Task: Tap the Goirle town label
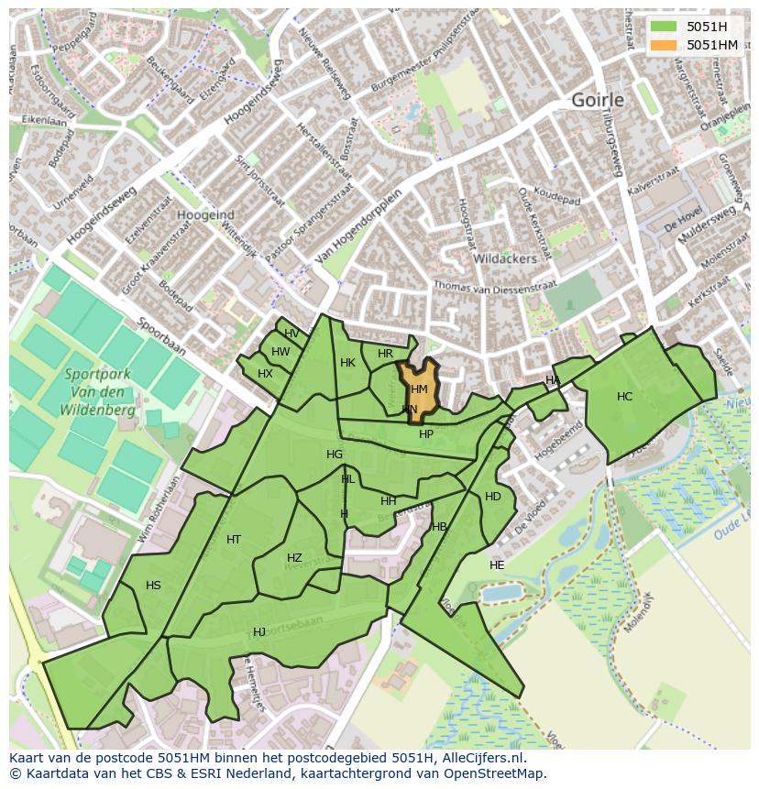[597, 100]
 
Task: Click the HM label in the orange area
[420, 389]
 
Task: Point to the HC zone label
[624, 397]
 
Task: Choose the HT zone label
[234, 540]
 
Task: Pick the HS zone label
[153, 586]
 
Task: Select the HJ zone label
[259, 632]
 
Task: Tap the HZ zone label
[294, 558]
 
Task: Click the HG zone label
[335, 455]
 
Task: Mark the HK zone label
[347, 363]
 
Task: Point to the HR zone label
[385, 354]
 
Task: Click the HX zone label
[265, 374]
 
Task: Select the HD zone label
[493, 497]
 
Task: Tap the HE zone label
[497, 565]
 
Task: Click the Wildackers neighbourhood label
[504, 259]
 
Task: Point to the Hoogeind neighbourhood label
[205, 214]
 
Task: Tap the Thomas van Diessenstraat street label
[495, 287]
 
